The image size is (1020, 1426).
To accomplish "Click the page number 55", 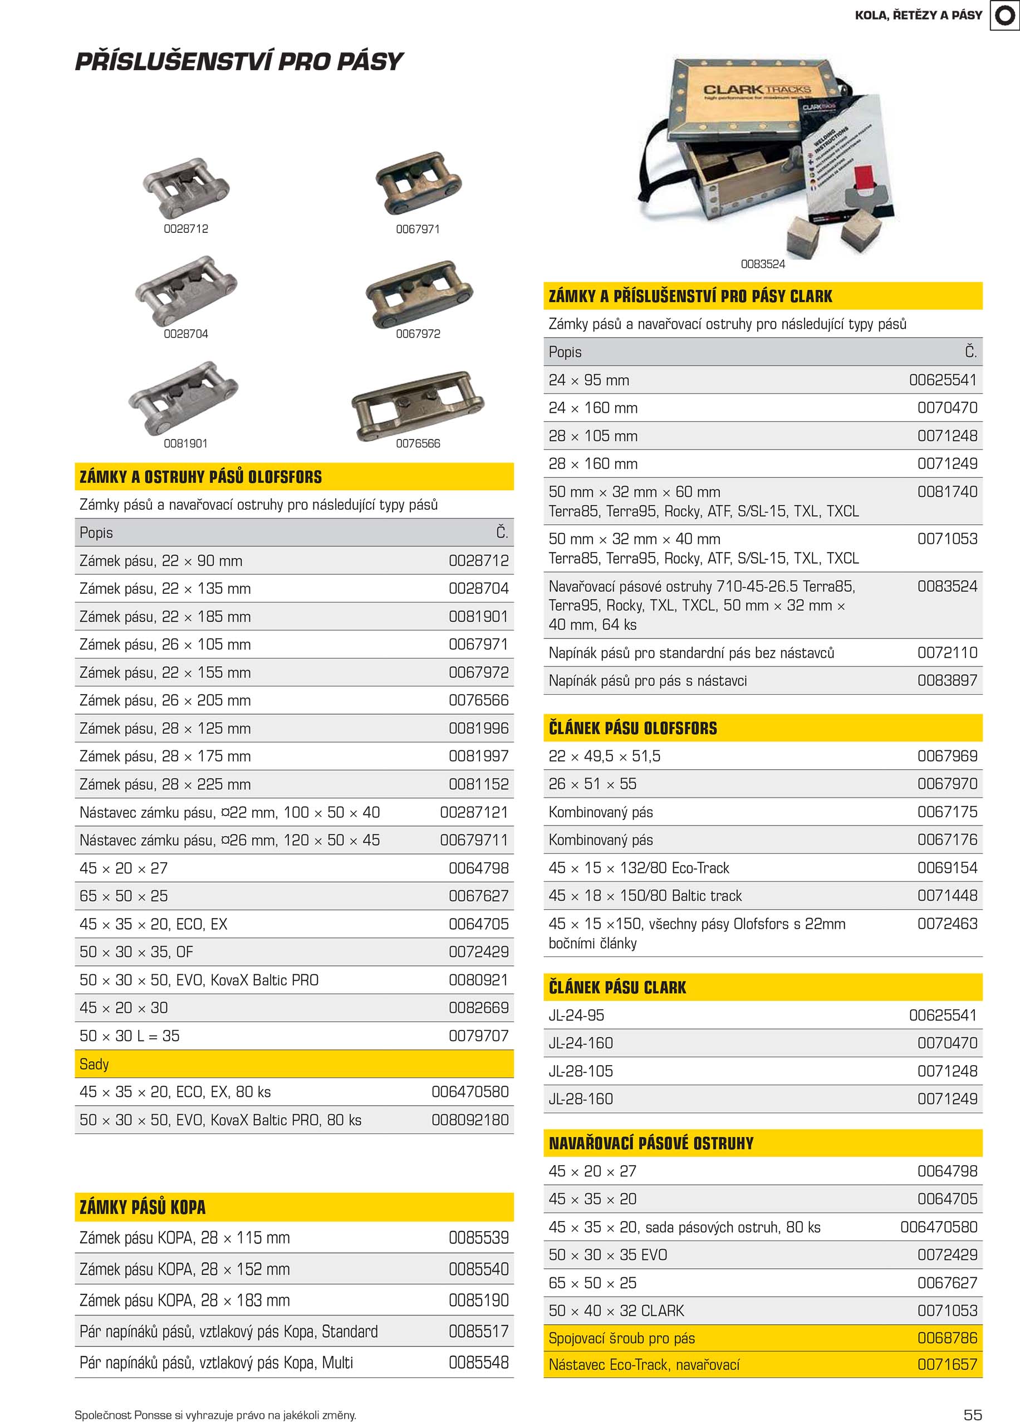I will point(972,1415).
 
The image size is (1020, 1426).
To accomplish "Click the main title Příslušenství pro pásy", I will point(239,62).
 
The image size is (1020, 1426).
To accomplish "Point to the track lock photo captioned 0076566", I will point(418,404).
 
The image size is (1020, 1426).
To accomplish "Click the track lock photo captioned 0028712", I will point(186,187).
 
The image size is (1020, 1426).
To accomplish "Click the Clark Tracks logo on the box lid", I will point(756,90).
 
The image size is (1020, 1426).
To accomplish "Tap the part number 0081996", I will point(479,729).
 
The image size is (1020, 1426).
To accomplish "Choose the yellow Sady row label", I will point(94,1064).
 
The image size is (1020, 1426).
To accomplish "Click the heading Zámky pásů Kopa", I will point(143,1207).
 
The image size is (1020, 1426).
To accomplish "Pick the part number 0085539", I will point(479,1238).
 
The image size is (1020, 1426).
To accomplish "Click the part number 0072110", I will point(947,653).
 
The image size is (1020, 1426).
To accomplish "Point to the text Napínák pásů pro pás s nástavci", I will point(648,681).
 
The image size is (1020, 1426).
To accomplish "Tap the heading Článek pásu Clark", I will point(617,988).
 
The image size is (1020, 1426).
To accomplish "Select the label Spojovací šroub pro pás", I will point(622,1338).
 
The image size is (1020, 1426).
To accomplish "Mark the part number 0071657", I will point(947,1364).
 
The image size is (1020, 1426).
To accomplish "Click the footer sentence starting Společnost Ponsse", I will point(215,1415).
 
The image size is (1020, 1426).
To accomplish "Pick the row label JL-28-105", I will point(581,1071).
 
